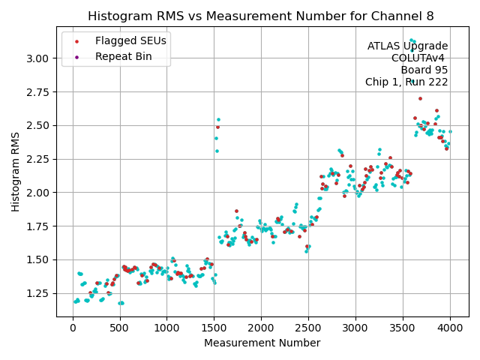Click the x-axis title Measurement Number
262,343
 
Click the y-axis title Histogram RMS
16,172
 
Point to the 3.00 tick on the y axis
38,58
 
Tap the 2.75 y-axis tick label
38,92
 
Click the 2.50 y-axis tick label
38,125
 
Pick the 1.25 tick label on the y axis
38,293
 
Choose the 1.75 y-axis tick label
38,226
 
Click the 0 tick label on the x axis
73,328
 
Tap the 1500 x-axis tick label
214,328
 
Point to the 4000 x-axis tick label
450,328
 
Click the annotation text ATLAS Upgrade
407,46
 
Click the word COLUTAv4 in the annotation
419,58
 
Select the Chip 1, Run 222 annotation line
406,82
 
